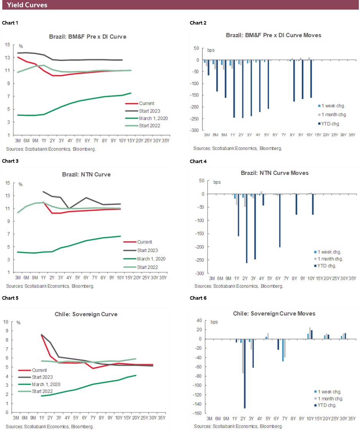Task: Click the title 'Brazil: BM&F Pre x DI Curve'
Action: click(x=87, y=37)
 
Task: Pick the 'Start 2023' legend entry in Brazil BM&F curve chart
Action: click(x=147, y=111)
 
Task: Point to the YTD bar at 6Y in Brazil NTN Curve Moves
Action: click(x=280, y=220)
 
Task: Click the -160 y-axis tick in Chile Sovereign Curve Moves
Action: click(x=198, y=413)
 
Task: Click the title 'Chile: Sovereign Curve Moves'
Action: click(x=274, y=314)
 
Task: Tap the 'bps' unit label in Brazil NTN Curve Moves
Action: click(x=217, y=182)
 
